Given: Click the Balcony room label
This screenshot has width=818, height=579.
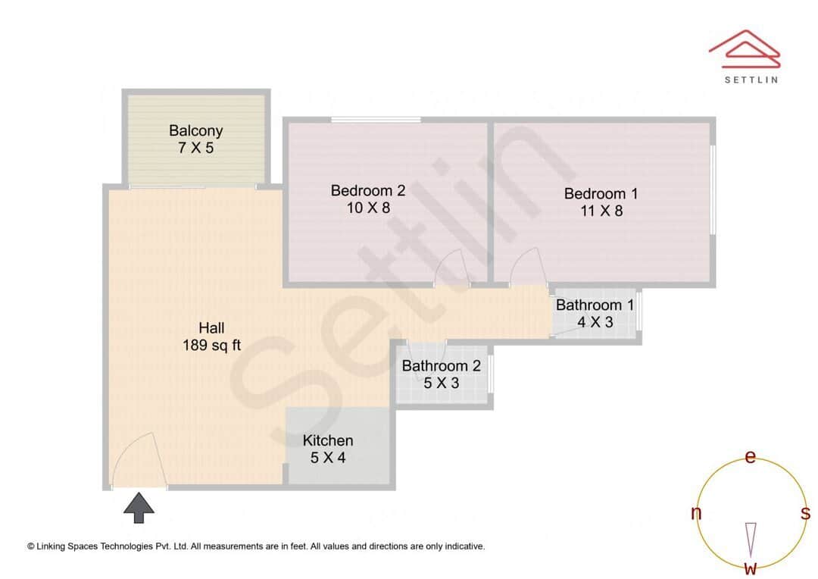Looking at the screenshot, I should [195, 130].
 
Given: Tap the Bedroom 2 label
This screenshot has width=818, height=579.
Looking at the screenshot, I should [368, 190].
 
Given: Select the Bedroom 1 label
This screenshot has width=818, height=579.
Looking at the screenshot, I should [601, 193].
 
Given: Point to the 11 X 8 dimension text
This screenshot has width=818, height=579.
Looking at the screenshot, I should [601, 211].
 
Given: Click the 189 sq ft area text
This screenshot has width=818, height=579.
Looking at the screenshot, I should [211, 346].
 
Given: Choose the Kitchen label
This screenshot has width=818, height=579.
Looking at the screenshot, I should [328, 440].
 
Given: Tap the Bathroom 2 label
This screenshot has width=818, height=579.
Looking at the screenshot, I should [441, 366].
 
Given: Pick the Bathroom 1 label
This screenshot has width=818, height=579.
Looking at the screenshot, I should [595, 305].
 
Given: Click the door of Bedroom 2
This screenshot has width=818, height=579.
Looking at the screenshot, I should [451, 267].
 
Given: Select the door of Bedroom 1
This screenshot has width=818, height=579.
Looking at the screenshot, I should [525, 267].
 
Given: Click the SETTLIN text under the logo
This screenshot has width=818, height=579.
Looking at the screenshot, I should [751, 79].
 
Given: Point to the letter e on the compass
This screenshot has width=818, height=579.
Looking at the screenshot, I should [751, 457].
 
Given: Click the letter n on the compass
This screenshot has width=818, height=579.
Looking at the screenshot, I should [696, 513].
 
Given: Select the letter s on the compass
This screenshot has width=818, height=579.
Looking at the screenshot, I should [805, 513].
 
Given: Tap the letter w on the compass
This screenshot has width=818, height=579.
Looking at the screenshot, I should [751, 568].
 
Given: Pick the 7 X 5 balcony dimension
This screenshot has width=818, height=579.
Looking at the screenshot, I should [195, 149].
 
